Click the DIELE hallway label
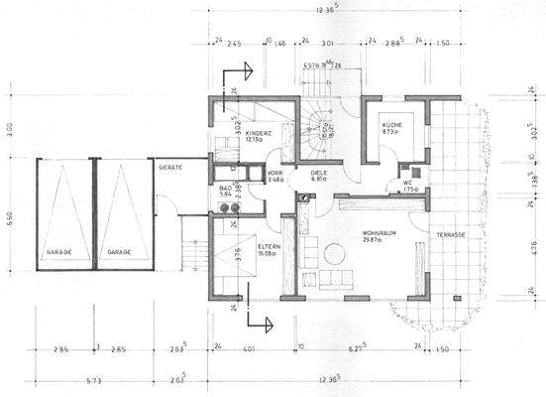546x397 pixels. [x=319, y=171]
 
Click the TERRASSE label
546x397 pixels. [x=443, y=234]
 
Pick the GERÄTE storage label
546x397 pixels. [x=170, y=169]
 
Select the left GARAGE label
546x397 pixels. [x=55, y=253]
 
